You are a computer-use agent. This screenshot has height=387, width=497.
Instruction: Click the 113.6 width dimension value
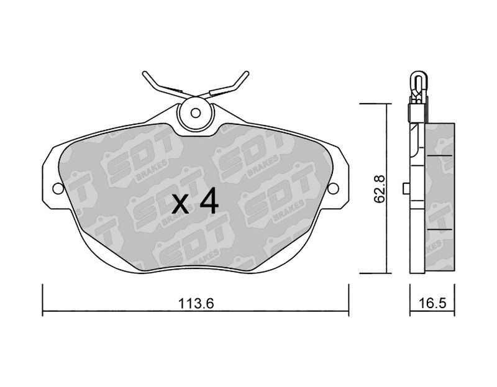pyautogui.click(x=196, y=303)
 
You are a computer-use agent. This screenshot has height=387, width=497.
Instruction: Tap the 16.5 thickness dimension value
pyautogui.click(x=432, y=303)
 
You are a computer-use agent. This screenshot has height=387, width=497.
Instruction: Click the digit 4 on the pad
pyautogui.click(x=209, y=200)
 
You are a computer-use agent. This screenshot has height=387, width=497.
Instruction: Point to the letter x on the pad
pyautogui.click(x=180, y=204)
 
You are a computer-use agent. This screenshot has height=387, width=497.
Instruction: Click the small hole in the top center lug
pyautogui.click(x=196, y=113)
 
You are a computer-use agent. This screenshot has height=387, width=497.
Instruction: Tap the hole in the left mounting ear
pyautogui.click(x=58, y=188)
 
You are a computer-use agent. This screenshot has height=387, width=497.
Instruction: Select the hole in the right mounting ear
pyautogui.click(x=333, y=188)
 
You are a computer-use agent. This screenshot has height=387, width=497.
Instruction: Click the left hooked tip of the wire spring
pyautogui.click(x=145, y=74)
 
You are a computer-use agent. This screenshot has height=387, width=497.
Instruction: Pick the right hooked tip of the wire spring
pyautogui.click(x=246, y=74)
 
